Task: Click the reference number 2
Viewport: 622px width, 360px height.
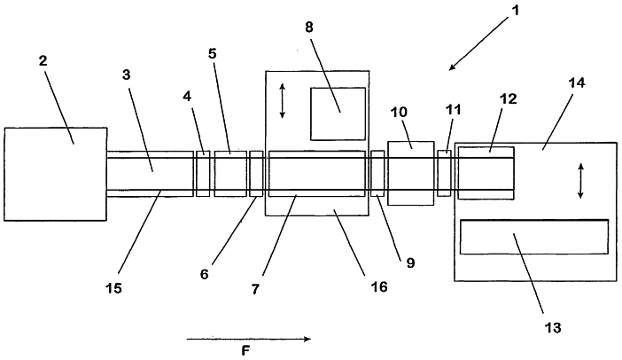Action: [x=43, y=60]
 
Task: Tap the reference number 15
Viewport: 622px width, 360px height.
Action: [x=113, y=288]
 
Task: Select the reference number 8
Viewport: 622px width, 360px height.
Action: [x=309, y=27]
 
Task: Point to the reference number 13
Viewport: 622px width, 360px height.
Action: [x=553, y=327]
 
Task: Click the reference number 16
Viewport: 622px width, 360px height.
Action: [x=378, y=286]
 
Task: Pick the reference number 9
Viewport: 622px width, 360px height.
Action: [x=410, y=262]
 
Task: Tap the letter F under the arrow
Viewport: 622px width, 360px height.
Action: [x=246, y=351]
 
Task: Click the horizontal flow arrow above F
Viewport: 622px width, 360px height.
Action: [x=249, y=339]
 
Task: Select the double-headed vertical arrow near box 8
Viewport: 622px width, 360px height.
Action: [x=282, y=101]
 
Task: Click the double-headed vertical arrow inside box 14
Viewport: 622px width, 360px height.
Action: [x=580, y=181]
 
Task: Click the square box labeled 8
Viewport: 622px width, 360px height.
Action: [x=338, y=113]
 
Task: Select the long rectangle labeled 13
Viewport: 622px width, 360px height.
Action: [x=534, y=237]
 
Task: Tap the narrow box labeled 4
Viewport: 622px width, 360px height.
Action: [x=203, y=174]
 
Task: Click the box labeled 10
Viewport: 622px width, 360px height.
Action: [x=411, y=173]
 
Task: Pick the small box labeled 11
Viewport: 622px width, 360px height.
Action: [x=444, y=173]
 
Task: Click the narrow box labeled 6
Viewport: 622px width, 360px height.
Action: [x=256, y=174]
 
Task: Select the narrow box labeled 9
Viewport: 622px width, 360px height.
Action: [x=377, y=174]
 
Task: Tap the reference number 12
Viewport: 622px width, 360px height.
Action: [x=509, y=98]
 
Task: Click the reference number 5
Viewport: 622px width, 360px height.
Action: [x=213, y=53]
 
